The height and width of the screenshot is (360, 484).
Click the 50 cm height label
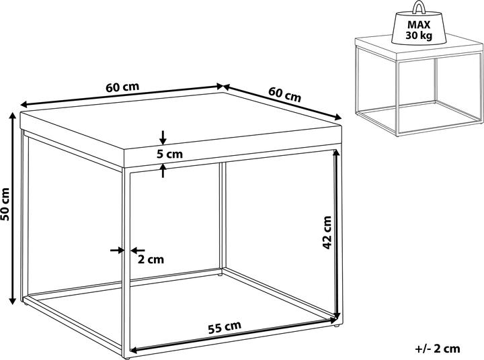point(5,204)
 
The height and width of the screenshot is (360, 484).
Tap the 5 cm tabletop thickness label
point(169,154)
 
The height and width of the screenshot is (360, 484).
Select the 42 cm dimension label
point(327,232)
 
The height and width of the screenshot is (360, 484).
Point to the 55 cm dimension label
point(225,328)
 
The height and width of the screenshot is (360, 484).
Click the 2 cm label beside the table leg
point(151,260)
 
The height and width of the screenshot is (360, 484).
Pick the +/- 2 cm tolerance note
point(438,349)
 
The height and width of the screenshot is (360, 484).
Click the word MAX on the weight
point(419,24)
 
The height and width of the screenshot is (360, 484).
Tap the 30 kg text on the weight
point(419,36)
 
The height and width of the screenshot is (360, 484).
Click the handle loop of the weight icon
point(419,7)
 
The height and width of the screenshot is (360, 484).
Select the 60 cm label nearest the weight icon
point(284,95)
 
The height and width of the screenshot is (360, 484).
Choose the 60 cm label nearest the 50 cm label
point(122,87)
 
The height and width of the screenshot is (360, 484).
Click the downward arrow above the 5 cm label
point(163,138)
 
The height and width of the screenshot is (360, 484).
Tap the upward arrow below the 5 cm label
point(163,171)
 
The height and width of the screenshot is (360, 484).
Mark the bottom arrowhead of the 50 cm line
point(12,300)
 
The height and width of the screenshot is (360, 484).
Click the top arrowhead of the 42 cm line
point(335,154)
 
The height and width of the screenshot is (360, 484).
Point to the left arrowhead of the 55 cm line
point(134,349)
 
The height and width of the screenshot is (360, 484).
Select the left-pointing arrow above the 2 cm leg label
point(138,250)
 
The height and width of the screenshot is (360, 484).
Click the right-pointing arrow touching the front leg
point(117,250)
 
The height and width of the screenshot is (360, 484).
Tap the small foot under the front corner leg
point(126,358)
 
